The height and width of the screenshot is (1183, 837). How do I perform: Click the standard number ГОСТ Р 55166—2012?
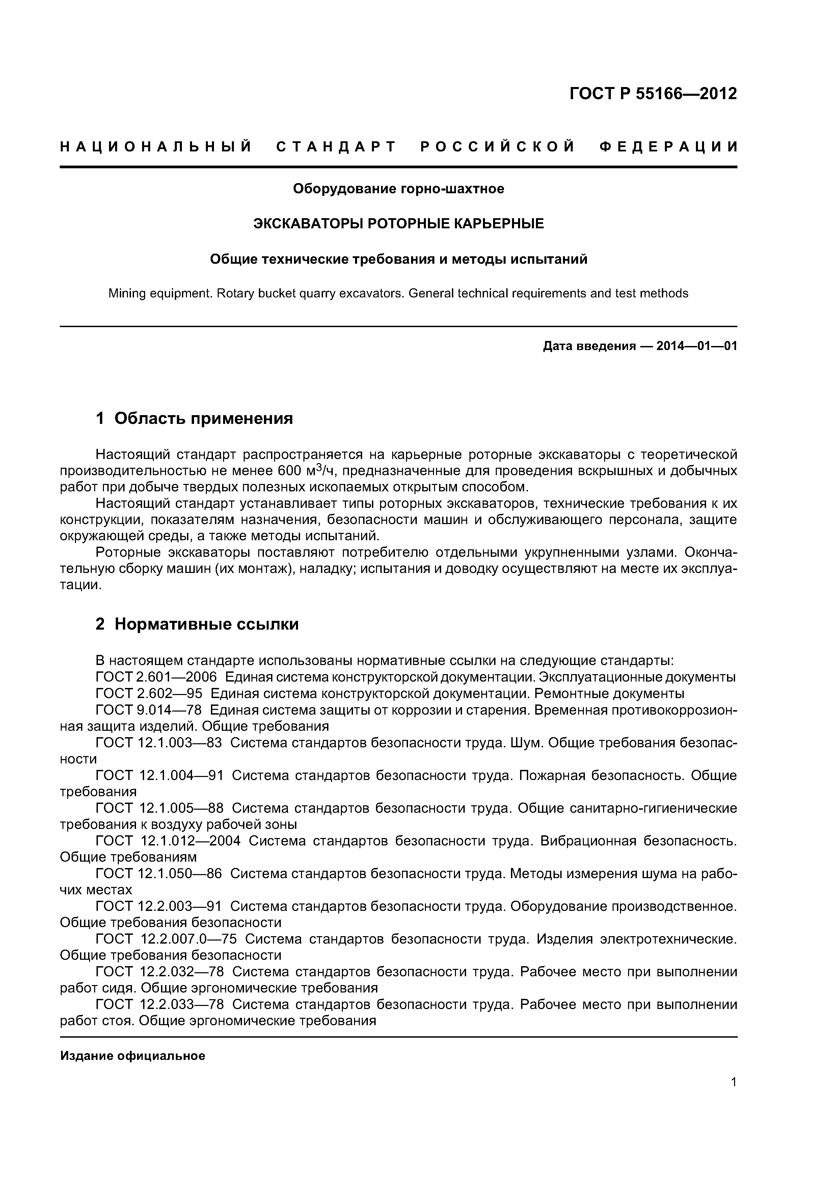(653, 94)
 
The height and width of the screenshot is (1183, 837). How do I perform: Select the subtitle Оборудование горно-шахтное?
(398, 189)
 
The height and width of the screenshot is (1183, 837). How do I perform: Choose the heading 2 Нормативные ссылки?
(197, 624)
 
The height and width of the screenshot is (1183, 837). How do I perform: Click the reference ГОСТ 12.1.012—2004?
(168, 841)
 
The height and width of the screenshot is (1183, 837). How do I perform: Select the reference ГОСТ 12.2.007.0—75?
(166, 939)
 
